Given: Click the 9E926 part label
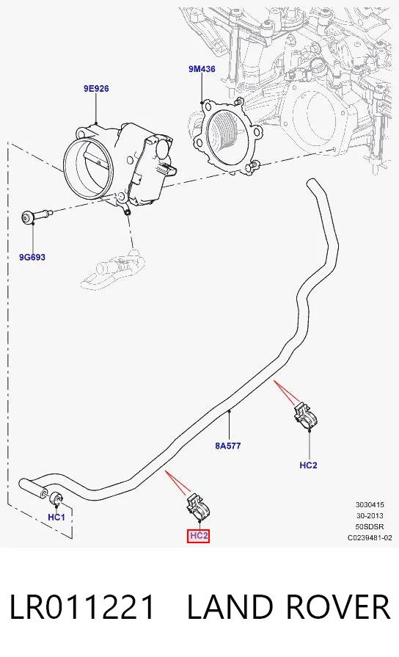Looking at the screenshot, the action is (x=96, y=88).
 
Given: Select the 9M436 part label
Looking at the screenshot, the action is (x=202, y=69).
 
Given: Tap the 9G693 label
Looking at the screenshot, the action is (x=32, y=257).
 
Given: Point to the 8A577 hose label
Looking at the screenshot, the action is (x=228, y=446).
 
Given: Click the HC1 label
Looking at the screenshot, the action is (x=56, y=517).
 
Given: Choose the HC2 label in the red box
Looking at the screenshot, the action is (x=199, y=535).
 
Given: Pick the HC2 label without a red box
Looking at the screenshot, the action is (x=308, y=465).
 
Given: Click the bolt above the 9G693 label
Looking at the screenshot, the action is (x=37, y=217).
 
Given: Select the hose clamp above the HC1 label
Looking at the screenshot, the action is (x=56, y=498).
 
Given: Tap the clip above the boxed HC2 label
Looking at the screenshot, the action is (x=197, y=507).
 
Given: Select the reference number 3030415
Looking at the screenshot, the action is (x=370, y=504).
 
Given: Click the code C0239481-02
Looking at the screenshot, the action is (x=370, y=537).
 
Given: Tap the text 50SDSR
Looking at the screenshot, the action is (x=370, y=526).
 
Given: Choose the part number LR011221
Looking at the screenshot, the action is (x=82, y=606).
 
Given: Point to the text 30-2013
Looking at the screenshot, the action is (x=370, y=515).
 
